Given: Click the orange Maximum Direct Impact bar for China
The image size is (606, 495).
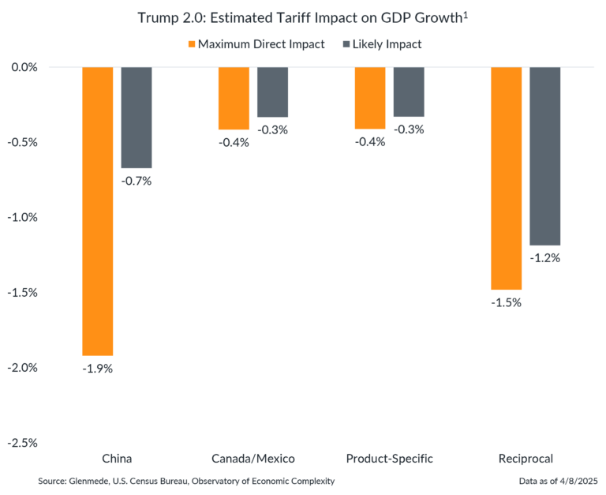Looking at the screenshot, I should [98, 212].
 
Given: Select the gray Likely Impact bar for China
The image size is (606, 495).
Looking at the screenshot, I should [137, 118].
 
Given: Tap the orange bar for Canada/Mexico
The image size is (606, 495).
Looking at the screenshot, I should [234, 99].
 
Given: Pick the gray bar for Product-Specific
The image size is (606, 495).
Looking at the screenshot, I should [409, 92].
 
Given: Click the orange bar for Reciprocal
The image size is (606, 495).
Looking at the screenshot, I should [507, 178].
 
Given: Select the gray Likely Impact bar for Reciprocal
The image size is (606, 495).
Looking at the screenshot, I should [545, 156].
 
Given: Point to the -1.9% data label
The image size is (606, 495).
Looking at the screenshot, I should [98, 368].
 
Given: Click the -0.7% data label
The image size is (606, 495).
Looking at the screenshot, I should [136, 181].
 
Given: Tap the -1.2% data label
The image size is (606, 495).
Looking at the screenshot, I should [545, 257].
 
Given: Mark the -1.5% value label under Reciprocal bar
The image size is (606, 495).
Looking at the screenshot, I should [507, 302].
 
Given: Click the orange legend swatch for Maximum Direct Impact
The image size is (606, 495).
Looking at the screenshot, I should [190, 45].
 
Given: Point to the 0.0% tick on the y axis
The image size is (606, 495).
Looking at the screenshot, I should [24, 67].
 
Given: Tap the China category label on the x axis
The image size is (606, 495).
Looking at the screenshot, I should [117, 459].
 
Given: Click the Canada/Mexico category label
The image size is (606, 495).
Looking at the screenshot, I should [253, 459].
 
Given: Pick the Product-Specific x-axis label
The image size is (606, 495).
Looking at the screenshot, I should [390, 459].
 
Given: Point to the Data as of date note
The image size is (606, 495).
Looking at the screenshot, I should [558, 481].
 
